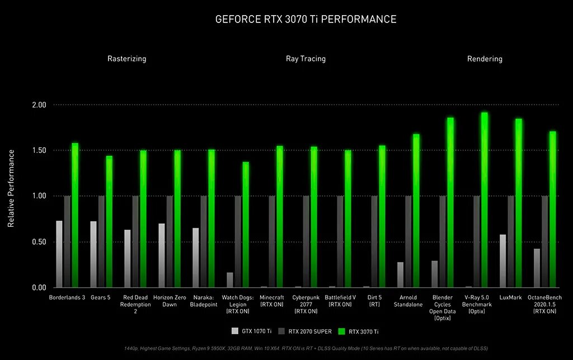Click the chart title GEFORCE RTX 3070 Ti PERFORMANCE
pyautogui.click(x=306, y=20)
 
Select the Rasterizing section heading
pyautogui.click(x=127, y=59)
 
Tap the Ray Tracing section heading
pyautogui.click(x=306, y=59)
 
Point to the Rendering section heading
pyautogui.click(x=485, y=59)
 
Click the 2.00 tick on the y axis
pyautogui.click(x=39, y=105)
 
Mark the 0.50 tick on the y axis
pyautogui.click(x=39, y=242)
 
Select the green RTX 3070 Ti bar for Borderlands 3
pyautogui.click(x=75, y=216)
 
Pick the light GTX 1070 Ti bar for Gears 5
pyautogui.click(x=93, y=254)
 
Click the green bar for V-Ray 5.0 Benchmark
pyautogui.click(x=485, y=200)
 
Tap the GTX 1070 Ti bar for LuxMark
pyautogui.click(x=503, y=261)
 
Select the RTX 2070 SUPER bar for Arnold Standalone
pyautogui.click(x=408, y=242)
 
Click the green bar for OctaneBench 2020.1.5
pyautogui.click(x=553, y=209)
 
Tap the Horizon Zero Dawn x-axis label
pyautogui.click(x=169, y=301)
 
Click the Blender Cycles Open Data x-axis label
pyautogui.click(x=443, y=307)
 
